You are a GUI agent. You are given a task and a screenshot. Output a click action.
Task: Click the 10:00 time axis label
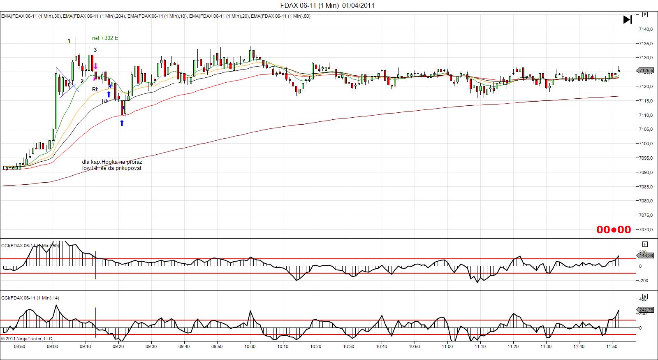click(x=250, y=346)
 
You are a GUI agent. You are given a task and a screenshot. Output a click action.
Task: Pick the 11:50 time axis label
click(x=612, y=346)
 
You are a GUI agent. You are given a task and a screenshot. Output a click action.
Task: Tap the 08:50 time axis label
click(x=19, y=346)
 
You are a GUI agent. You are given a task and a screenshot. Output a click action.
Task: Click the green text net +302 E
click(x=105, y=38)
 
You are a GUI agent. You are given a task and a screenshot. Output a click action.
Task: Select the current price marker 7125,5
click(x=646, y=71)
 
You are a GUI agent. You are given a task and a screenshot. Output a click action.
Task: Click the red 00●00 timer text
click(x=614, y=230)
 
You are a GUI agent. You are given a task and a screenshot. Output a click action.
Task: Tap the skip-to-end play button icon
click(x=628, y=19)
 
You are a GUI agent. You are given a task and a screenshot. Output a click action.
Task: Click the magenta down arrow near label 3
click(x=95, y=66)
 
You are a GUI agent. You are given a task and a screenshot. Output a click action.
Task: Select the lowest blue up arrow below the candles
click(x=122, y=123)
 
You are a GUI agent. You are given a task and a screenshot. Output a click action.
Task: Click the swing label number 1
click(x=69, y=41)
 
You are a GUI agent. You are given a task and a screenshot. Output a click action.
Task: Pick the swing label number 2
click(x=82, y=81)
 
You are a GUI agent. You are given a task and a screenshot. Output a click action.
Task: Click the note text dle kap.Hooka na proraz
click(x=112, y=162)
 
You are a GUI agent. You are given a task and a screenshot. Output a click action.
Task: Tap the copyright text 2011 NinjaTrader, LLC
click(x=27, y=339)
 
